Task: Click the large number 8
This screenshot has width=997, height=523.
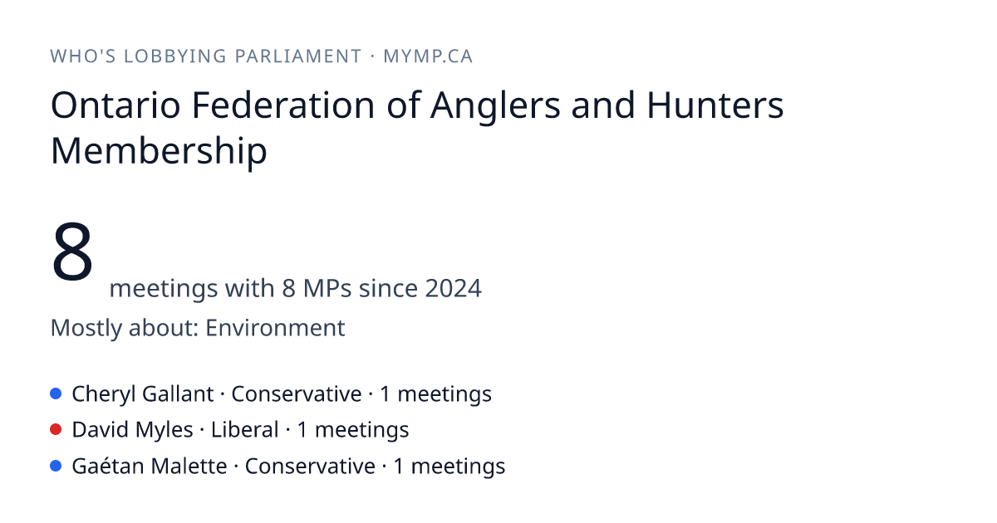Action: click(x=72, y=252)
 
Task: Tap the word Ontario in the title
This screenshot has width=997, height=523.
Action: click(x=115, y=105)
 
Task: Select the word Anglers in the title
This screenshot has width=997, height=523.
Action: click(x=495, y=107)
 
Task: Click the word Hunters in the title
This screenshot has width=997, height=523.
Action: click(x=715, y=105)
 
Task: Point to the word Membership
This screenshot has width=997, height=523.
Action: click(x=159, y=152)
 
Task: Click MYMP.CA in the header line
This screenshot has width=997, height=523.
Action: click(x=428, y=56)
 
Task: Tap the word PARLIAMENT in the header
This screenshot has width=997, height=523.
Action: click(x=297, y=56)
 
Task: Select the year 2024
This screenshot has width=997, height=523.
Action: click(x=453, y=288)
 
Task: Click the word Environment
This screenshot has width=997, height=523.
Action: click(x=275, y=328)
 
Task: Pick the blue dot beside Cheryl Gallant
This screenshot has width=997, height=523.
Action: click(x=56, y=393)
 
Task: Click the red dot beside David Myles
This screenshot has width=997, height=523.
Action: click(x=56, y=430)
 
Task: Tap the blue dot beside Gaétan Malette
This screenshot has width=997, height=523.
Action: click(x=56, y=466)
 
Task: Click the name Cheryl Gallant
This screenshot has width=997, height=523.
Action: click(x=142, y=394)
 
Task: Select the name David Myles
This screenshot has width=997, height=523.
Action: click(x=132, y=431)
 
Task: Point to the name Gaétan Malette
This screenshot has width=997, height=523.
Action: click(x=149, y=466)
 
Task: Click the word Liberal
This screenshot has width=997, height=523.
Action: click(x=244, y=430)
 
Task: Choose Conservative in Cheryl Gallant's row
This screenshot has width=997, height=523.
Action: click(x=296, y=394)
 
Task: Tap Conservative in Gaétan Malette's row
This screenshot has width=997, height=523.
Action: click(x=310, y=467)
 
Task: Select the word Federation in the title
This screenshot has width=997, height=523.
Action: click(x=283, y=105)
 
